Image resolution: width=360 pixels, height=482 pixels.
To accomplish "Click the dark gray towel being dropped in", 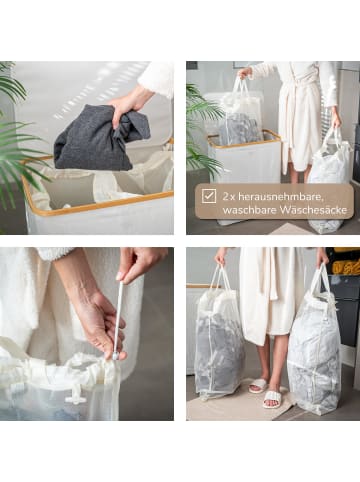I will (x=96, y=140).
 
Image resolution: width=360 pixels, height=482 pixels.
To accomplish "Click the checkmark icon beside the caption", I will (x=208, y=196).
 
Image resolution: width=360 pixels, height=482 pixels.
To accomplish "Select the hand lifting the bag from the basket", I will (x=244, y=73).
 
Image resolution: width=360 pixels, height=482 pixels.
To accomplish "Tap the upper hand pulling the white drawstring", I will (x=135, y=264).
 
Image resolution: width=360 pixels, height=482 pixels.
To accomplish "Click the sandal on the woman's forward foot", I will (x=271, y=400).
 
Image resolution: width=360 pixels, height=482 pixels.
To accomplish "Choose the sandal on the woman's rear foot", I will (x=257, y=385).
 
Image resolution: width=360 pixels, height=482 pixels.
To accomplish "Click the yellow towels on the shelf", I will (x=346, y=267).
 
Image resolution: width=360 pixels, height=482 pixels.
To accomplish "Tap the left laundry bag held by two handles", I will (x=218, y=340).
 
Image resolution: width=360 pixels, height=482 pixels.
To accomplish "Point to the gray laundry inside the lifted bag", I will (x=240, y=128).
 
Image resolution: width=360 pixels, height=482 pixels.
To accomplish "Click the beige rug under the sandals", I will (x=240, y=400).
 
